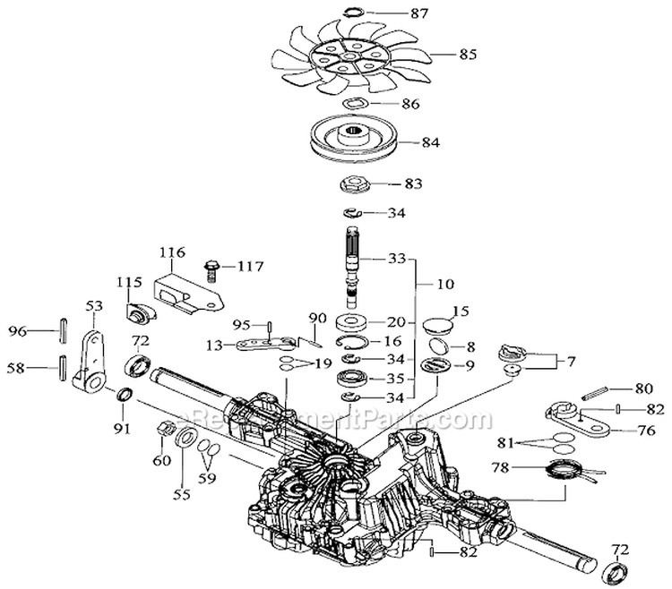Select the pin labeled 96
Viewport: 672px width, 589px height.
click(64, 329)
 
